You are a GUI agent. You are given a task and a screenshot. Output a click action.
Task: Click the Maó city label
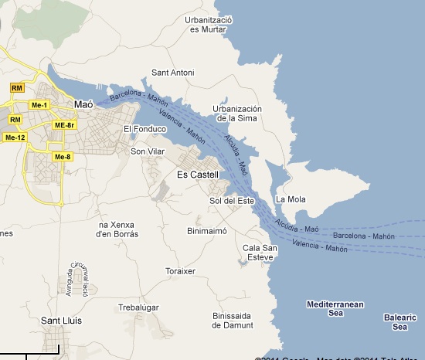click(x=83, y=104)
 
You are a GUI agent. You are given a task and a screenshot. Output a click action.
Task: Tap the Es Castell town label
click(x=199, y=175)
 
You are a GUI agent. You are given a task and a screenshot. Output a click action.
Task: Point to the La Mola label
click(x=291, y=199)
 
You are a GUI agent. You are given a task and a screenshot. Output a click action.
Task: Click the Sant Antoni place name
click(x=172, y=73)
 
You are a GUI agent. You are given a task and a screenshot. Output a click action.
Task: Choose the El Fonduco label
click(x=145, y=129)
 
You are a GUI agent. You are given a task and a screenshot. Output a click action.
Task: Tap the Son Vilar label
click(x=148, y=151)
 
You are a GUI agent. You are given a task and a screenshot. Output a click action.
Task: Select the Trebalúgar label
click(x=138, y=307)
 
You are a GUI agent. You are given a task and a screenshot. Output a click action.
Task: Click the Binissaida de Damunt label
click(x=232, y=320)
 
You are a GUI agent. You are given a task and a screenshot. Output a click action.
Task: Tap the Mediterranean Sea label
click(x=335, y=309)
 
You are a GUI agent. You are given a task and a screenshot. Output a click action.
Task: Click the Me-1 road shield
click(x=39, y=105)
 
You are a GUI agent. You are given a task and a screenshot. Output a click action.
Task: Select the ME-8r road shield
click(x=64, y=125)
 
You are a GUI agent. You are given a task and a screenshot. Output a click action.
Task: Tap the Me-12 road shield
click(x=15, y=138)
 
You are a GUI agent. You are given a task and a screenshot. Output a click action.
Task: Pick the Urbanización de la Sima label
click(x=237, y=114)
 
